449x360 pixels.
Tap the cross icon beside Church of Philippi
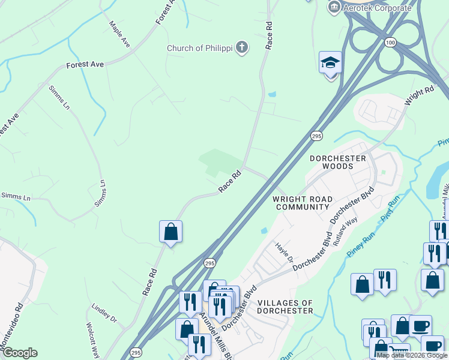241,47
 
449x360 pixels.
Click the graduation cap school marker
330,63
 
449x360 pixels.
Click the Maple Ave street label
119,35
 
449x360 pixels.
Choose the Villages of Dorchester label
285,307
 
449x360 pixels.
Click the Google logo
20,353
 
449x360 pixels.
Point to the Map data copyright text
411,355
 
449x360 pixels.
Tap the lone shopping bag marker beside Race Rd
170,231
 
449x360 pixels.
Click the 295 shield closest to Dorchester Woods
316,136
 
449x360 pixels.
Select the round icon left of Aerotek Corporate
334,7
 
